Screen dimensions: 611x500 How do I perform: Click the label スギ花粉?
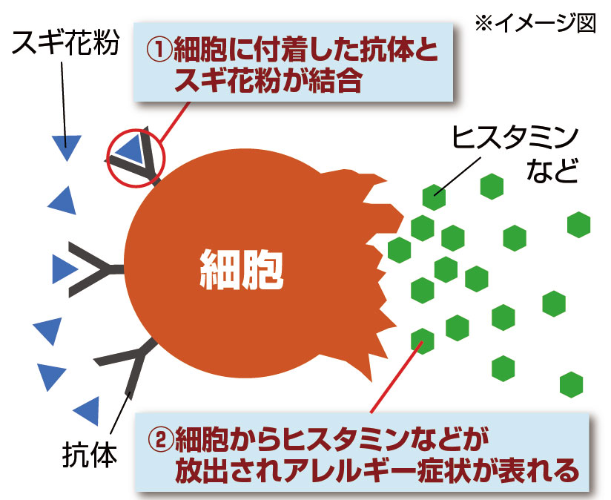pyautogui.click(x=65, y=43)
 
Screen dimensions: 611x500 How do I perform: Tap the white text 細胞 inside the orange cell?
pyautogui.click(x=242, y=269)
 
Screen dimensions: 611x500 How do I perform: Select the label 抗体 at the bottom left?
pyautogui.click(x=90, y=455)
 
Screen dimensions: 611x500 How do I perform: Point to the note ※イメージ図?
pyautogui.click(x=536, y=22)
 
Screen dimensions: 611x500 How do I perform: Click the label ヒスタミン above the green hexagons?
pyautogui.click(x=515, y=137)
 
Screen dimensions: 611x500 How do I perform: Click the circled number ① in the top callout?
pyautogui.click(x=159, y=50)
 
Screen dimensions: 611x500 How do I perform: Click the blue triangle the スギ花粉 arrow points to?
pyautogui.click(x=67, y=148)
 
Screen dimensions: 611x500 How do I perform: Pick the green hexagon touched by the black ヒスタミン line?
pyautogui.click(x=434, y=197)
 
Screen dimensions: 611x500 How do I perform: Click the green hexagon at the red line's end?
pyautogui.click(x=423, y=341)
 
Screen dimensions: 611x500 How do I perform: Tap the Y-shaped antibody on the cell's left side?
pyautogui.click(x=96, y=269)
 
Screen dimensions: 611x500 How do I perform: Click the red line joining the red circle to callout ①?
pyautogui.click(x=175, y=121)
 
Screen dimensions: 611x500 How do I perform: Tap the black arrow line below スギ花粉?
pyautogui.click(x=64, y=105)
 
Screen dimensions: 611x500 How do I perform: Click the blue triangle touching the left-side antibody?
pyautogui.click(x=64, y=269)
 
